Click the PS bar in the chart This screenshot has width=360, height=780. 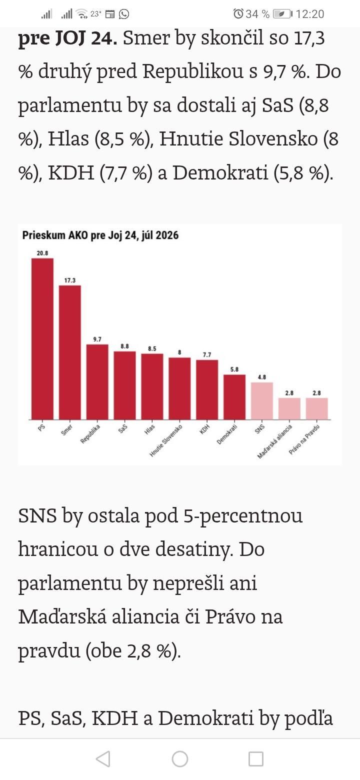[x=42, y=339]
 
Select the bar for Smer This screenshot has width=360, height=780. [x=69, y=352]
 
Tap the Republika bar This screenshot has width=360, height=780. [x=97, y=382]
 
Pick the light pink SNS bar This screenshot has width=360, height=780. [x=262, y=401]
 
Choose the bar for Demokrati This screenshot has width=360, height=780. [x=234, y=397]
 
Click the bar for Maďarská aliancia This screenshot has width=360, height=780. [x=289, y=409]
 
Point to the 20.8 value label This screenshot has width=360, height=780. [x=42, y=253]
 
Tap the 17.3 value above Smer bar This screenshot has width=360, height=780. [x=69, y=280]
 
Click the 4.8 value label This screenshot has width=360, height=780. [x=262, y=377]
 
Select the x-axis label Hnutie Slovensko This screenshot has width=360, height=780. [x=165, y=440]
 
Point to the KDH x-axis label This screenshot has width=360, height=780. [x=204, y=429]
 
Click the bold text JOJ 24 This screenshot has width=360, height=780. [x=86, y=38]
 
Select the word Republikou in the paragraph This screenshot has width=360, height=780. [x=193, y=71]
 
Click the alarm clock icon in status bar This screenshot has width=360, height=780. [x=238, y=13]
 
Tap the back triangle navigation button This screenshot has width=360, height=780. [x=103, y=759]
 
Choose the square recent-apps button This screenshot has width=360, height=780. [x=256, y=759]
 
